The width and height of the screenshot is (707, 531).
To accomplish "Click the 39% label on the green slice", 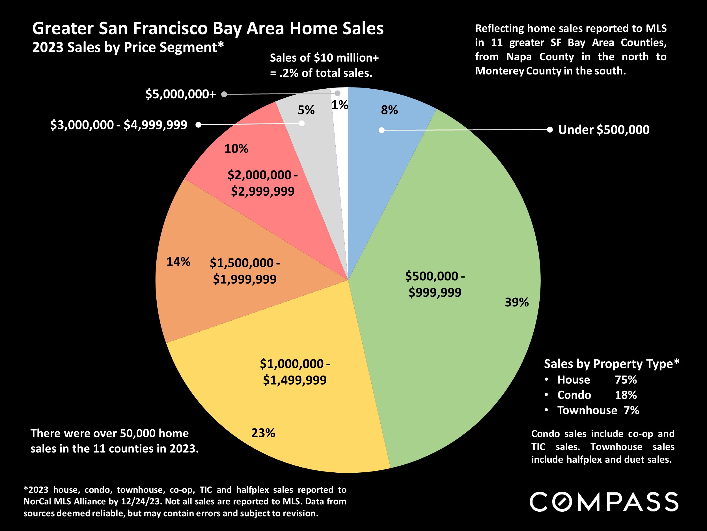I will (x=516, y=302).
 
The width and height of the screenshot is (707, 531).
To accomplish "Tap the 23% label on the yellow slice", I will (x=263, y=433).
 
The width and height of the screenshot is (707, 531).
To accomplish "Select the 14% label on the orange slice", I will (x=178, y=262).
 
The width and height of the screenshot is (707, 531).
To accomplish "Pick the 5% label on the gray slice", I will (x=306, y=110).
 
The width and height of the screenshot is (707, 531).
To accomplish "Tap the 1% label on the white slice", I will (x=339, y=105).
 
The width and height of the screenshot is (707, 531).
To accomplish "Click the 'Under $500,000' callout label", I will (x=604, y=130).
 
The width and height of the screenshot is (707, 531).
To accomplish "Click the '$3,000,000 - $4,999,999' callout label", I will (x=118, y=125).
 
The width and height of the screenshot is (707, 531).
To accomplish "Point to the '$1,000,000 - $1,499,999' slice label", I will (x=295, y=372).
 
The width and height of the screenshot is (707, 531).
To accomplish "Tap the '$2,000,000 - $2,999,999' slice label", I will (x=263, y=183).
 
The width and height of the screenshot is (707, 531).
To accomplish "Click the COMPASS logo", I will (x=604, y=502).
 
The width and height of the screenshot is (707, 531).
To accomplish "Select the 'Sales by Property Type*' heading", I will (x=611, y=364).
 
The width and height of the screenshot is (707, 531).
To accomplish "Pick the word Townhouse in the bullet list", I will (x=587, y=410).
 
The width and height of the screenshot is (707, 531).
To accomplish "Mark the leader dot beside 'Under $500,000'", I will (x=549, y=130).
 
